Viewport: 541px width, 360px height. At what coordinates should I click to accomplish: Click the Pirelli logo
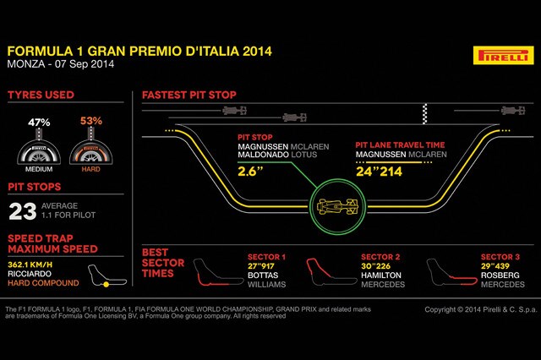tap(504, 55)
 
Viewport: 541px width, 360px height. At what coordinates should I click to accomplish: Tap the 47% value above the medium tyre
tap(39, 123)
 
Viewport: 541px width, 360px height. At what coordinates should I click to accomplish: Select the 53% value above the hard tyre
tap(91, 121)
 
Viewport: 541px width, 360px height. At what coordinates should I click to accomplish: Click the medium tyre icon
tap(39, 153)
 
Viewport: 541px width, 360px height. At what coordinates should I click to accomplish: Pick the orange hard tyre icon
tap(91, 153)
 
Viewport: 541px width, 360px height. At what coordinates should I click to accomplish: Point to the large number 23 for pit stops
tap(23, 211)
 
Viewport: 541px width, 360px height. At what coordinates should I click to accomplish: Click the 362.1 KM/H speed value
tap(30, 265)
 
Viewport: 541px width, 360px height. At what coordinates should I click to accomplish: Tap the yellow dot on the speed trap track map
tap(107, 285)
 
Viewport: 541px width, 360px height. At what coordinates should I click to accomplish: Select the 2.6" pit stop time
tap(250, 172)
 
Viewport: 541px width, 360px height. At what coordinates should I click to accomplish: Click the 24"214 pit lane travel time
tap(379, 172)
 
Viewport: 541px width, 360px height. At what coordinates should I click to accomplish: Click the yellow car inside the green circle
tap(337, 206)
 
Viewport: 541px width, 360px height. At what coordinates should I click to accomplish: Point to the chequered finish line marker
tap(425, 113)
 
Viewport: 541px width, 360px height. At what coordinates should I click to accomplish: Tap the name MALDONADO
tap(263, 155)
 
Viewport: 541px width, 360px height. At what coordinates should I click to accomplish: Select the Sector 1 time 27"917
tap(261, 266)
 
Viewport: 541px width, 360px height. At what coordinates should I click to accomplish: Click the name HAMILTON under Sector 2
tap(381, 275)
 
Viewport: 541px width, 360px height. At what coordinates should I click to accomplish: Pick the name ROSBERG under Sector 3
tap(500, 275)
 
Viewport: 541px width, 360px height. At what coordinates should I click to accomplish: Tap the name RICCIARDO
tap(30, 274)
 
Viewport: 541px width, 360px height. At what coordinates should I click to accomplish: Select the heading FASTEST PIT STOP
tap(189, 95)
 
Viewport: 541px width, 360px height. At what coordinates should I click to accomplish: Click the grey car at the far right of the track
tap(513, 111)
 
